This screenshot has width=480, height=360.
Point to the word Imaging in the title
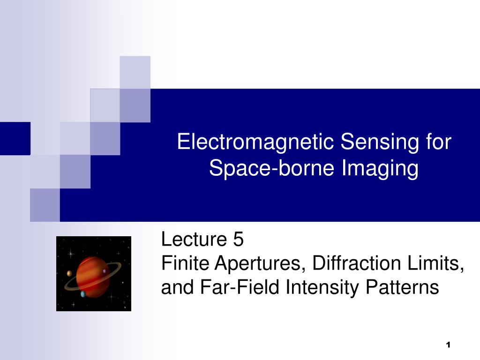pos(380,168)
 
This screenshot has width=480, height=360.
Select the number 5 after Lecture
pos(238,239)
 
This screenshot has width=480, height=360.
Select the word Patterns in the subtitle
pos(402,287)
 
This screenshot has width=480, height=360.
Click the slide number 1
pos(448,345)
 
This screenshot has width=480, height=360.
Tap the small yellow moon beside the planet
pos(69,273)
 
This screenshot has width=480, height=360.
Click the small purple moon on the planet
pos(105,271)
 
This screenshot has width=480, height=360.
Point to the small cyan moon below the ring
pos(83,294)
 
